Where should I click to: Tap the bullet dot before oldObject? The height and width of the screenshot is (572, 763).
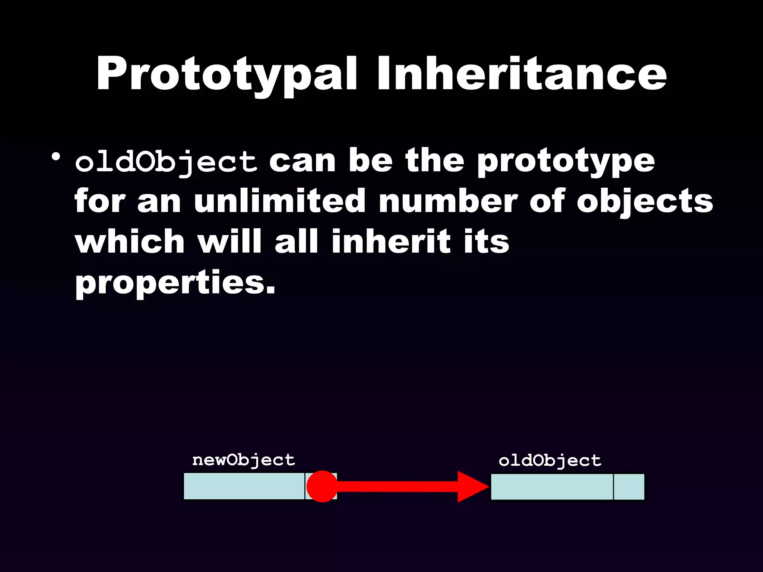click(56, 157)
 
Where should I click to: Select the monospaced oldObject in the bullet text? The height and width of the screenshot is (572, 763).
click(166, 162)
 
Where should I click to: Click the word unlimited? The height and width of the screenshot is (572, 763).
click(279, 201)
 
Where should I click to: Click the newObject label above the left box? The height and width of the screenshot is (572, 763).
click(244, 461)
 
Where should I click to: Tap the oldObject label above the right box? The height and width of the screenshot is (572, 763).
click(550, 461)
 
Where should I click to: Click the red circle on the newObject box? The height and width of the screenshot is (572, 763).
click(322, 486)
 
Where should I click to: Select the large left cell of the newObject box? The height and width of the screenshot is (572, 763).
click(244, 486)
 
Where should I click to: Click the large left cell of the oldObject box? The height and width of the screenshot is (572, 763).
click(552, 487)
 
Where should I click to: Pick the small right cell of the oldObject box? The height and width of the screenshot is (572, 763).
click(629, 487)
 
